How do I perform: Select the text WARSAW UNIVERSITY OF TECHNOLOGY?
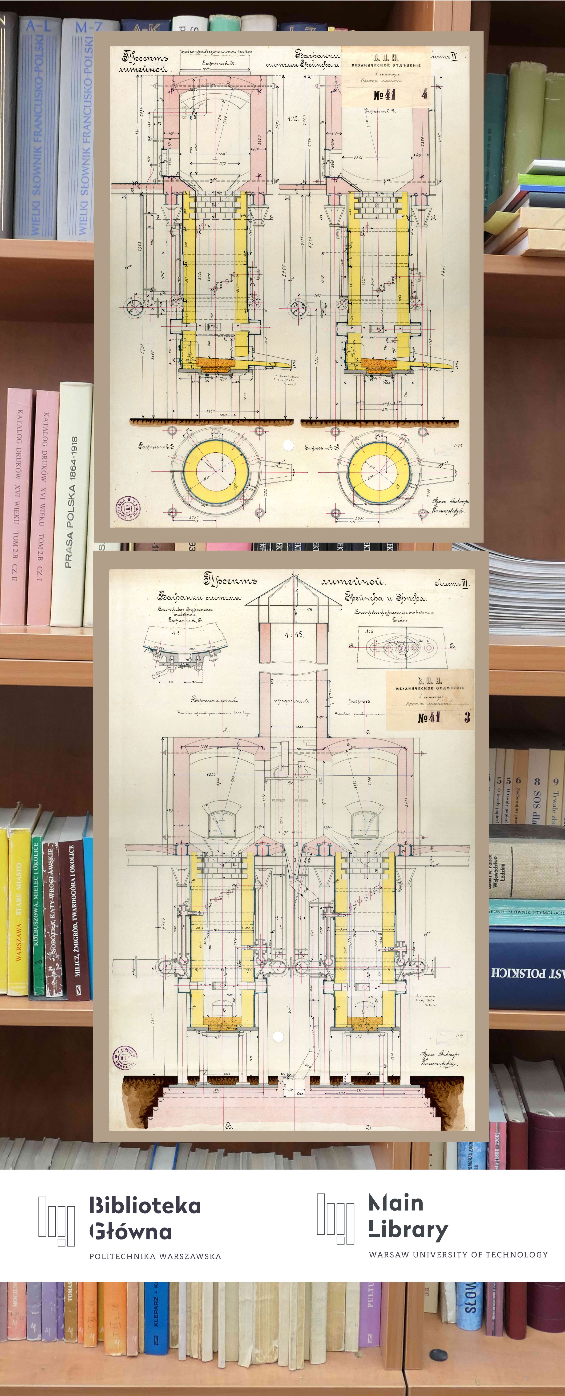tap(458, 1254)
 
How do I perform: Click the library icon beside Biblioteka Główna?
tap(56, 1220)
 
